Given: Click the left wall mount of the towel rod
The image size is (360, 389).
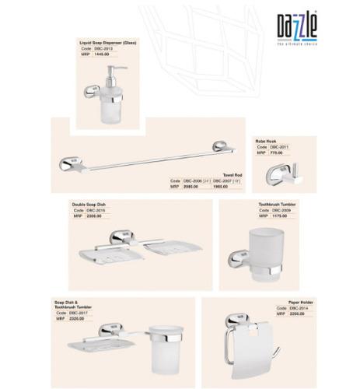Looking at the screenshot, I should (71, 163).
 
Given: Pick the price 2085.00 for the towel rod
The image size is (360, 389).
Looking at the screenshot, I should (190, 187).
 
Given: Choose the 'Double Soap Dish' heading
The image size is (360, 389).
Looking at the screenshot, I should (89, 204).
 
